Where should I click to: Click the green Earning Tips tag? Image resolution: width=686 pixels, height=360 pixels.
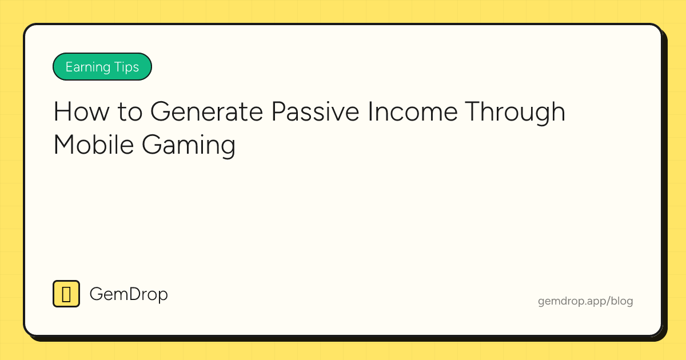[x=102, y=67]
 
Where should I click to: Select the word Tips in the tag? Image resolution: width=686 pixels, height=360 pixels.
[x=125, y=67]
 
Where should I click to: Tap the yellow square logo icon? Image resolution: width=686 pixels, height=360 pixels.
[x=66, y=294]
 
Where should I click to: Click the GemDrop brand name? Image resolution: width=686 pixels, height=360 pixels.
[x=129, y=295]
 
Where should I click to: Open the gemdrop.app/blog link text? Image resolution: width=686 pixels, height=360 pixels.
[x=585, y=301]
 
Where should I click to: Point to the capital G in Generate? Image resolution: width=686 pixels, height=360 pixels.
[x=161, y=112]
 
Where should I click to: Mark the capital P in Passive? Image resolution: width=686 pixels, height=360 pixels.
[x=278, y=112]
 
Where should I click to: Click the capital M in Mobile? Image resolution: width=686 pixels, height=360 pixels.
[x=65, y=145]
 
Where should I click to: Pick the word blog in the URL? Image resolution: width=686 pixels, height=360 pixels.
[x=622, y=301]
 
